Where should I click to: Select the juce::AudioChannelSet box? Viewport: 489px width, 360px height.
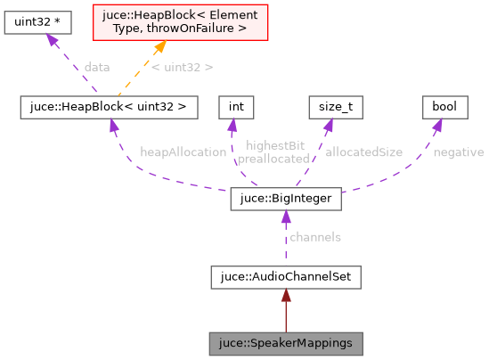pos(285,277)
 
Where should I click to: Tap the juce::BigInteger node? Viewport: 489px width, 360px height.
pos(285,199)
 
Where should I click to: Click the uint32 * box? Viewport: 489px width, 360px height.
pos(31,23)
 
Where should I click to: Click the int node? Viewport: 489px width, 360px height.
pos(236,107)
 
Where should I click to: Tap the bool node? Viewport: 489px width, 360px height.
pos(444,107)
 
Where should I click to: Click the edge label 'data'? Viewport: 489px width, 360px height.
pos(97,67)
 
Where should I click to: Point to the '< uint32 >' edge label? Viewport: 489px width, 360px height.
pos(182,67)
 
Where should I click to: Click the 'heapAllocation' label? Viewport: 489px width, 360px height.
pos(183,152)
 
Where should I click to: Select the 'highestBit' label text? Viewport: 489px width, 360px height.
pos(273,145)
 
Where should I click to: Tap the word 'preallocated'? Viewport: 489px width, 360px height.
pos(273,159)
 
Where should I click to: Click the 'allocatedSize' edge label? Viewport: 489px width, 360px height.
pos(363,152)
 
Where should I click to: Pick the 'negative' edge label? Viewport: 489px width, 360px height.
pos(458,152)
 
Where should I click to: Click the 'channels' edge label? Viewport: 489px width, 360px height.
pos(315,237)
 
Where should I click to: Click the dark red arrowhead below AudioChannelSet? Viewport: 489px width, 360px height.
pos(285,295)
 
